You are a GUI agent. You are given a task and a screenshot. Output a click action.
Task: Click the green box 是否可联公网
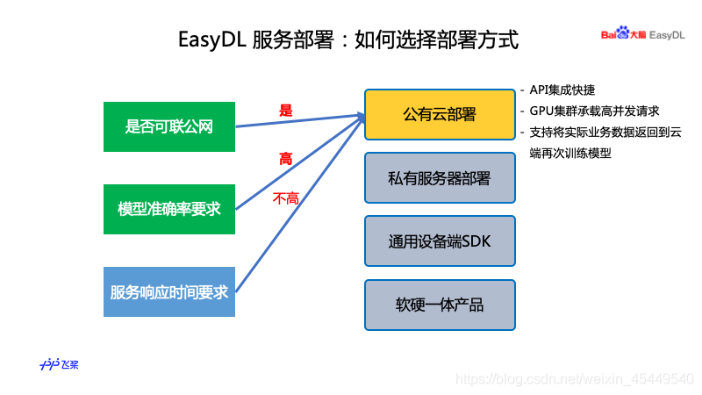click(169, 126)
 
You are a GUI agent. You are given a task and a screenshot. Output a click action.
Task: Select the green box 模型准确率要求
click(169, 209)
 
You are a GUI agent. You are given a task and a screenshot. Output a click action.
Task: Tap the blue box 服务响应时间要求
click(169, 291)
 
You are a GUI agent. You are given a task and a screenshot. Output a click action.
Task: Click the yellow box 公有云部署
click(439, 114)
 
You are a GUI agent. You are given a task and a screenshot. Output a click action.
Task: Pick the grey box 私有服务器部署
click(439, 178)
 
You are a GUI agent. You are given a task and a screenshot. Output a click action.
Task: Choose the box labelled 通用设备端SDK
click(439, 241)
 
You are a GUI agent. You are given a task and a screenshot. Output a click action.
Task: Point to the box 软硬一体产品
click(439, 305)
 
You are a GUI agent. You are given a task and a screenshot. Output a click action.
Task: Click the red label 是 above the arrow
click(285, 111)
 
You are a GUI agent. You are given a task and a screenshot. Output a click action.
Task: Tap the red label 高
click(285, 159)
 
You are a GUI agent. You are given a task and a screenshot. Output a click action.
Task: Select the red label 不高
click(286, 199)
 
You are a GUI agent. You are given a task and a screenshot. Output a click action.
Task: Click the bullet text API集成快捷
click(562, 90)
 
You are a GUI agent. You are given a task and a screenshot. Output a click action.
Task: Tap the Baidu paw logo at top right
click(622, 33)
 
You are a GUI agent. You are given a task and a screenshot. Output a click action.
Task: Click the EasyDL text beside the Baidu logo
click(667, 34)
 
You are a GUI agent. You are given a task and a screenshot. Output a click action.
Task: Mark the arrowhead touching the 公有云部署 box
click(359, 116)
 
